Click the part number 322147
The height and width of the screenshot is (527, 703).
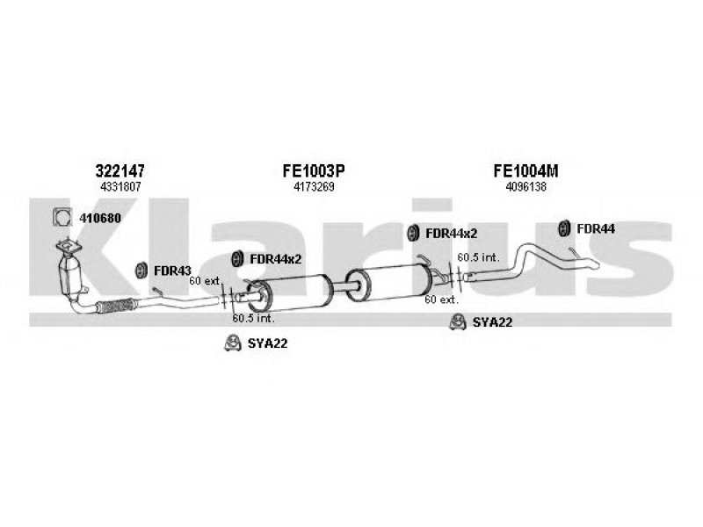tap(120, 170)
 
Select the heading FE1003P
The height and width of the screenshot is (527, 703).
tap(314, 170)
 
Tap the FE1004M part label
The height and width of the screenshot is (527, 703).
tap(525, 170)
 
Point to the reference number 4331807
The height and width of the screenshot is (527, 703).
tap(120, 186)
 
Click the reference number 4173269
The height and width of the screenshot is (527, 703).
tap(314, 186)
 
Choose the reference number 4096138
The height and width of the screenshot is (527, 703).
tap(525, 186)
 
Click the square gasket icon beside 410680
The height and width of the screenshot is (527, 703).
tap(62, 217)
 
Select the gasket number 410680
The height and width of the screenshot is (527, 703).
tap(100, 218)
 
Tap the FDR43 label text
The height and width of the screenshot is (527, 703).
tap(172, 271)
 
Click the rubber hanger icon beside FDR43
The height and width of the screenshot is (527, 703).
tap(141, 270)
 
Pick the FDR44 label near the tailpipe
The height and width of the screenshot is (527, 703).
tap(596, 228)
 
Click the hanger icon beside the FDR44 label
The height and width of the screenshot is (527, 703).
tap(563, 228)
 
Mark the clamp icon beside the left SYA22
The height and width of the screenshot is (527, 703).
tap(233, 343)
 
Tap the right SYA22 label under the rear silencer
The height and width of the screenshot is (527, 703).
tap(492, 322)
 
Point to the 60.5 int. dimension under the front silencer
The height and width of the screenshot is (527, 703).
tap(253, 319)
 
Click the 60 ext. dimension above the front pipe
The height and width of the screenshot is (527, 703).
tap(204, 281)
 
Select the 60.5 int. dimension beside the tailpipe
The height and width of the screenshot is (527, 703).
tap(478, 257)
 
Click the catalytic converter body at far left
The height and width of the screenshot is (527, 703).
tap(69, 275)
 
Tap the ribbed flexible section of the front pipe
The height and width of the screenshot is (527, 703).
tap(115, 306)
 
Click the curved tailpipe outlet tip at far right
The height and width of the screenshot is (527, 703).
tap(591, 263)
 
